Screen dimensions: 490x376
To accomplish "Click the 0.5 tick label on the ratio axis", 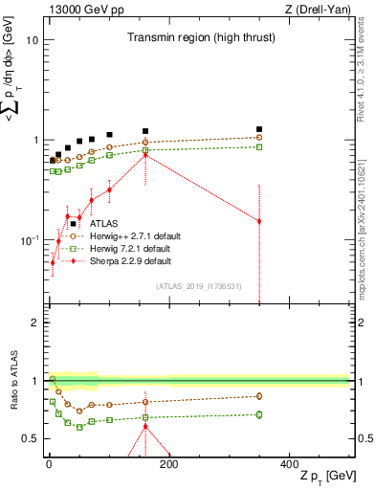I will pyautogui.click(x=29, y=439).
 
